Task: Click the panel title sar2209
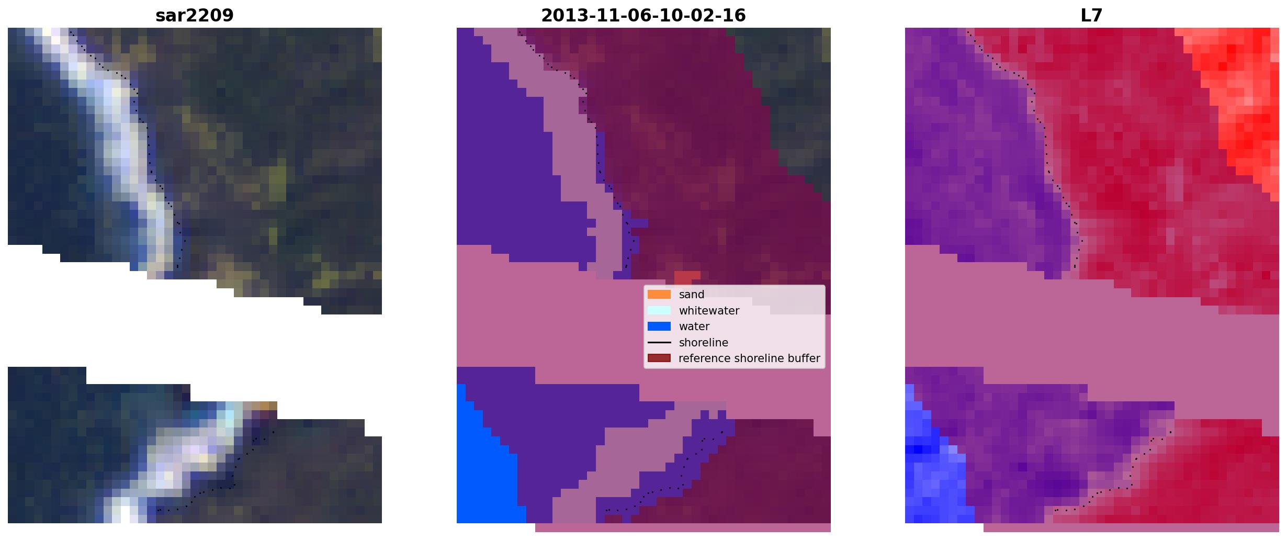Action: (x=194, y=15)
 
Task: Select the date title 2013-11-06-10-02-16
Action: (x=643, y=15)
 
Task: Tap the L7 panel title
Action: (x=1091, y=15)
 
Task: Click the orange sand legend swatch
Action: (x=659, y=295)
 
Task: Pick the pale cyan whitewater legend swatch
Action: (x=659, y=310)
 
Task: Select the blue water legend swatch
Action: (x=659, y=327)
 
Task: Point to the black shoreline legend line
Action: (x=659, y=343)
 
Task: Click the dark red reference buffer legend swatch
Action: (x=659, y=358)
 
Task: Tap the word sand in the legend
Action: (x=692, y=295)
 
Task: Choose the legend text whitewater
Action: (x=709, y=311)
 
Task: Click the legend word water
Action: (x=694, y=327)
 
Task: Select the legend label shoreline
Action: (x=704, y=343)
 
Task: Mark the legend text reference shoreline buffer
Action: (x=749, y=358)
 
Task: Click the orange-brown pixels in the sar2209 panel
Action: (x=264, y=406)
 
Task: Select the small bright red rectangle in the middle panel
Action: (x=687, y=276)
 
